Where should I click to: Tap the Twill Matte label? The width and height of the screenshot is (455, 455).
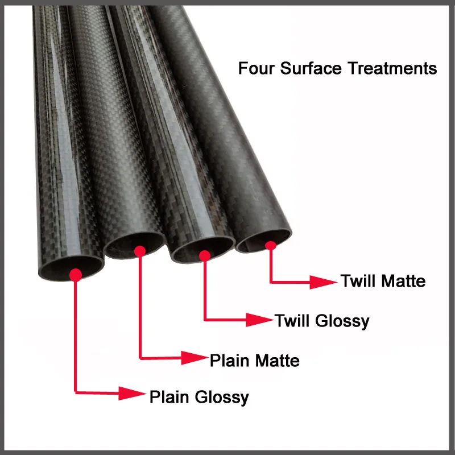click(x=383, y=281)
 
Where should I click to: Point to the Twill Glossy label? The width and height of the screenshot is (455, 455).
click(x=322, y=321)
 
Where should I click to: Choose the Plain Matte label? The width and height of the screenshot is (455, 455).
click(x=255, y=360)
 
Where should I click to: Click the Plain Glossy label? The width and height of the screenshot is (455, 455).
click(x=199, y=396)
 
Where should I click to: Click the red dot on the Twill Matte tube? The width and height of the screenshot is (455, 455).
click(x=271, y=246)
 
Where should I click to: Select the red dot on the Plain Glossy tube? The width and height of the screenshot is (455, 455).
click(x=75, y=275)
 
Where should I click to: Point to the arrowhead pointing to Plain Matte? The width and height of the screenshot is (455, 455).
click(x=195, y=358)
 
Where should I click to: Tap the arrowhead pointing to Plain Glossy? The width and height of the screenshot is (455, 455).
click(x=133, y=392)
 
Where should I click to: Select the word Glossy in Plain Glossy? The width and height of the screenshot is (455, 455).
click(x=220, y=397)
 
